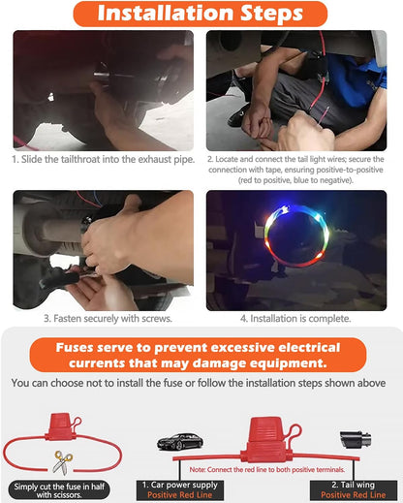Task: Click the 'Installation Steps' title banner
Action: (x=201, y=14)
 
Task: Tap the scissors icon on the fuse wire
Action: (x=63, y=462)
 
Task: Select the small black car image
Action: (x=180, y=441)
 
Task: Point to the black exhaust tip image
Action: (x=355, y=440)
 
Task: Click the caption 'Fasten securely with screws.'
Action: (x=108, y=319)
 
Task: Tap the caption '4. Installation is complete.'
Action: (x=295, y=319)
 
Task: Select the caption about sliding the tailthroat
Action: (x=104, y=159)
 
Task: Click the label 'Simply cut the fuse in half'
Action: (x=59, y=487)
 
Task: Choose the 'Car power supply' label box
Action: (x=180, y=490)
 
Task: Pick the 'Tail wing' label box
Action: (x=354, y=490)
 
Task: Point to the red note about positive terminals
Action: (x=267, y=469)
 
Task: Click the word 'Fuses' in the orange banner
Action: (x=75, y=348)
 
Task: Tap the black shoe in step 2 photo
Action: (x=238, y=115)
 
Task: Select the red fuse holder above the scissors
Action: (x=61, y=426)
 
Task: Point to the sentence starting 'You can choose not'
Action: (x=199, y=383)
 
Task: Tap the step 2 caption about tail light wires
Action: (x=295, y=170)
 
